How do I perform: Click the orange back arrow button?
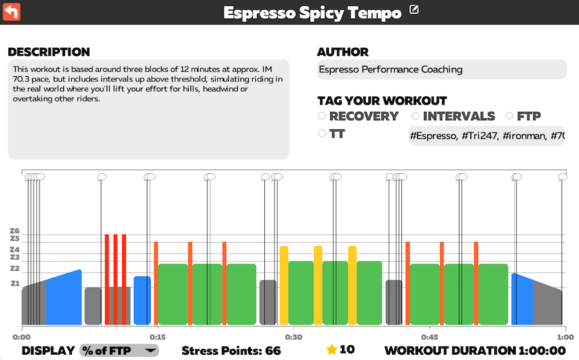tap(12, 11)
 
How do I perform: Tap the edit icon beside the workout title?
tap(414, 10)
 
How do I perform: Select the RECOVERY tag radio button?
tap(322, 116)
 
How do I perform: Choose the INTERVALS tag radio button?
tap(416, 116)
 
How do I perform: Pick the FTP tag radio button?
tap(510, 116)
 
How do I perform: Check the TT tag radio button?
tap(322, 134)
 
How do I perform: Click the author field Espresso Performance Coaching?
tap(441, 70)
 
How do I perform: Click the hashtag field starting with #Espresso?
tap(486, 136)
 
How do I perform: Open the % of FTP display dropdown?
tap(120, 350)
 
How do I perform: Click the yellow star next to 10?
tap(332, 350)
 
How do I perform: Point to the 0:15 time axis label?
tap(157, 337)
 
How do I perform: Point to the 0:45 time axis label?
tap(429, 337)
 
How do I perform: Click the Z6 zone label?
tap(15, 231)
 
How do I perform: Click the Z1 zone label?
tap(15, 284)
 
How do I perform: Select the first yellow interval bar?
tap(284, 284)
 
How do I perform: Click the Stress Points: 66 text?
tap(231, 350)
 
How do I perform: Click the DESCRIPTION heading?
tap(49, 52)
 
